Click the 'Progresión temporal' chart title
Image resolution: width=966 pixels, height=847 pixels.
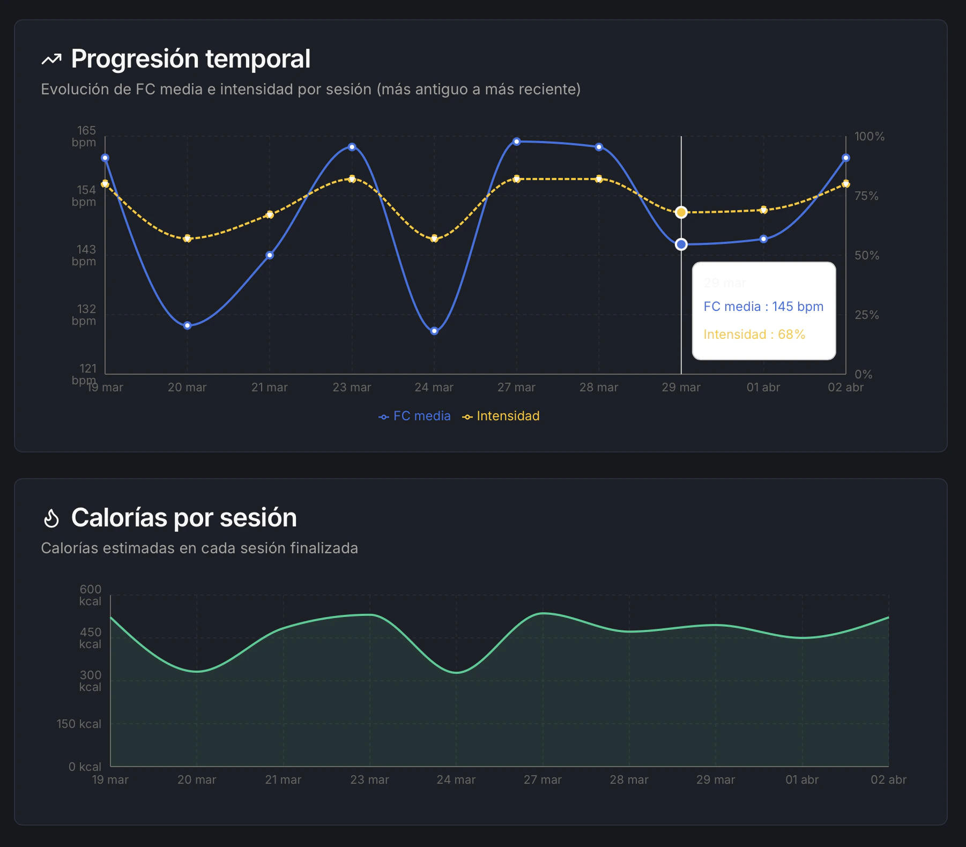point(190,59)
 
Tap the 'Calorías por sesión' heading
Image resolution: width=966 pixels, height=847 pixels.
point(183,518)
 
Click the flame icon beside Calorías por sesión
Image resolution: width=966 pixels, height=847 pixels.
point(51,518)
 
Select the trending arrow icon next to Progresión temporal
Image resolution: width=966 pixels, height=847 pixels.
point(51,60)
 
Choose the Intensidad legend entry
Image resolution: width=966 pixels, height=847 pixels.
point(501,416)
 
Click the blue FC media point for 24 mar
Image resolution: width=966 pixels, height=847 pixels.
point(434,331)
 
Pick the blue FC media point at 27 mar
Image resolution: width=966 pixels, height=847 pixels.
point(517,142)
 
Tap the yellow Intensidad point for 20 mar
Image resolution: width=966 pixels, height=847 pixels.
point(187,239)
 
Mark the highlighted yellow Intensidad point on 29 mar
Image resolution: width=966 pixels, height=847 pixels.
point(681,212)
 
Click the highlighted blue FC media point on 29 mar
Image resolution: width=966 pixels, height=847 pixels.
point(681,244)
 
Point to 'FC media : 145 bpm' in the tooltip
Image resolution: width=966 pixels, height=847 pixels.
point(763,307)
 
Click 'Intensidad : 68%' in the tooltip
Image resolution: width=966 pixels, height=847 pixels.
point(754,335)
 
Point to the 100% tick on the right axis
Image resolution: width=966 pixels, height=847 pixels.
point(869,137)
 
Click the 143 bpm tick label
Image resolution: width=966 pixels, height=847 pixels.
point(84,255)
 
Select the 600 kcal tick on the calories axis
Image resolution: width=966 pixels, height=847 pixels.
point(90,595)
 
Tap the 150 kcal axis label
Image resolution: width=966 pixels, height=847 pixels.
point(79,724)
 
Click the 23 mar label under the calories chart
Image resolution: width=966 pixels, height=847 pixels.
point(369,780)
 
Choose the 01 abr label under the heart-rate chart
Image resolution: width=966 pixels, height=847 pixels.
point(763,388)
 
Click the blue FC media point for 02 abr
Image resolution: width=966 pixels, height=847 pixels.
point(846,158)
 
